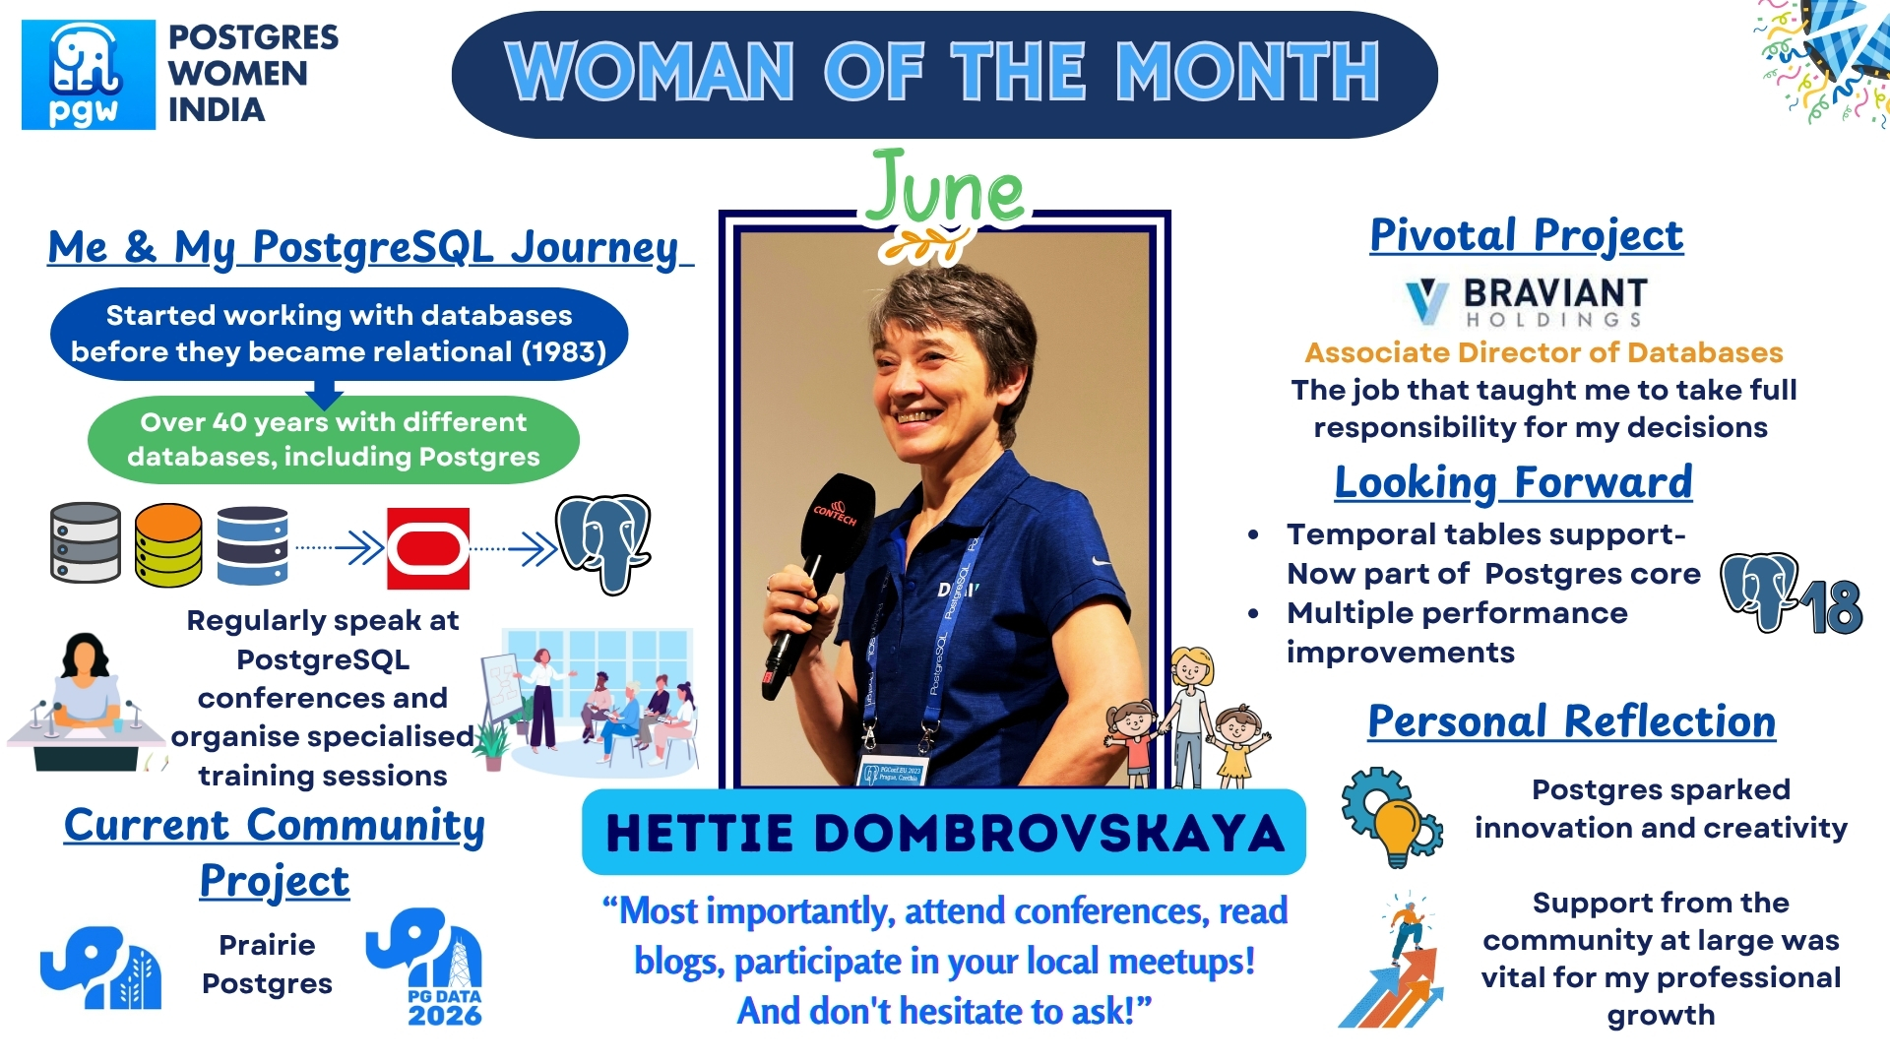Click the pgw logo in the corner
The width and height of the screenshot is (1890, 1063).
coord(89,75)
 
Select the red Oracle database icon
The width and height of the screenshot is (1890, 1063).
coord(428,548)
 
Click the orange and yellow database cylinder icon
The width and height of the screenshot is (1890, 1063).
coord(168,544)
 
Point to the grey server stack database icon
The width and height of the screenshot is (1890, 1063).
coord(86,542)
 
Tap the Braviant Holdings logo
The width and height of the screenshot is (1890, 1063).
coord(1526,301)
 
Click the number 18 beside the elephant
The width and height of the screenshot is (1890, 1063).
coord(1833,607)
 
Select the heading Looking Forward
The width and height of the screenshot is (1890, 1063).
coord(1513,482)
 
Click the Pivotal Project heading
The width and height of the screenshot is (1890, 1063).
coord(1526,235)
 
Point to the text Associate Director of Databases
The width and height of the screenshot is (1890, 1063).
coord(1543,352)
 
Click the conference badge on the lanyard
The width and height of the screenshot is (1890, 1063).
coord(892,774)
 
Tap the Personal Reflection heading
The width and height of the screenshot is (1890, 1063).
coord(1571,721)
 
